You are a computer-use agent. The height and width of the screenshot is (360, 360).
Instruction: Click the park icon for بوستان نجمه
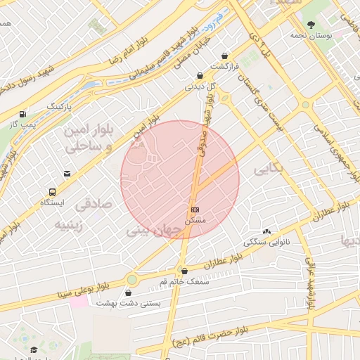point(310,24)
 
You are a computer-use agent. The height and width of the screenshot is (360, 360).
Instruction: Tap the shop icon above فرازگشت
point(224,56)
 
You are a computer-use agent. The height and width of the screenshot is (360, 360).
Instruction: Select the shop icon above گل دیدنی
point(200,76)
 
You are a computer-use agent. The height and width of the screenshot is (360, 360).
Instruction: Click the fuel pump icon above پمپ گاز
point(23,114)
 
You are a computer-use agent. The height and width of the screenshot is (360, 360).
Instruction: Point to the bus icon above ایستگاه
point(52,192)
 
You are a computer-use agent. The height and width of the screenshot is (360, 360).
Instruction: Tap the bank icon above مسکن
point(195,210)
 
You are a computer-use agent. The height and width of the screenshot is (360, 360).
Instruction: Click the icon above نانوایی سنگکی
point(266,231)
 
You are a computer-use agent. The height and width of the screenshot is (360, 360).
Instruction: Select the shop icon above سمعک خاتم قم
point(184,271)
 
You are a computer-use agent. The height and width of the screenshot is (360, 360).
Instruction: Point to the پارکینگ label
point(59,106)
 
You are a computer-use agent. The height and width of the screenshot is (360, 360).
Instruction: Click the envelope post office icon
point(67,173)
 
